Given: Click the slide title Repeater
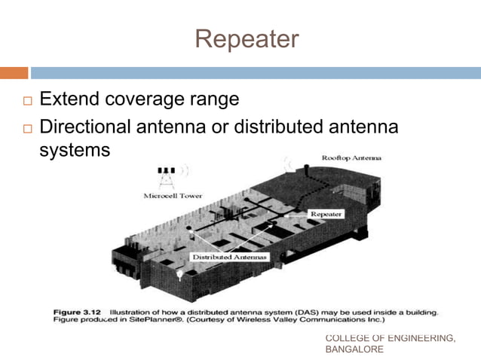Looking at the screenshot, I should [x=247, y=39].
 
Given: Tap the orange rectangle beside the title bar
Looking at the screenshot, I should [x=14, y=73].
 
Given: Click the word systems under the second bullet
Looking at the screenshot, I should [x=74, y=150].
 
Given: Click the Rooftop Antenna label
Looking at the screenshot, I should [x=351, y=158].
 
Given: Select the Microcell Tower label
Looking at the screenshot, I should [x=168, y=197].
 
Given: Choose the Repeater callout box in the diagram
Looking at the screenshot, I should [x=326, y=214].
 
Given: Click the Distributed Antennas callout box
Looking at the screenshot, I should [x=229, y=258].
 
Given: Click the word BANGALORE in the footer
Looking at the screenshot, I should [x=354, y=349].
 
